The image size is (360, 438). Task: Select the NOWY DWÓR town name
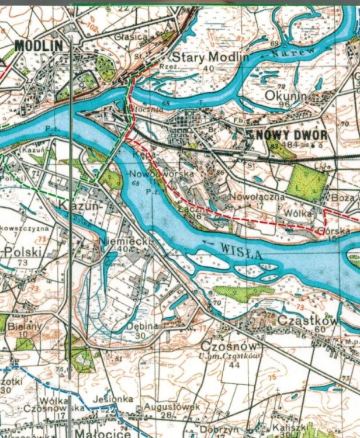point(290,134)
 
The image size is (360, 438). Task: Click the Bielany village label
point(25,327)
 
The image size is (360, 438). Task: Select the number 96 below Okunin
point(285,105)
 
